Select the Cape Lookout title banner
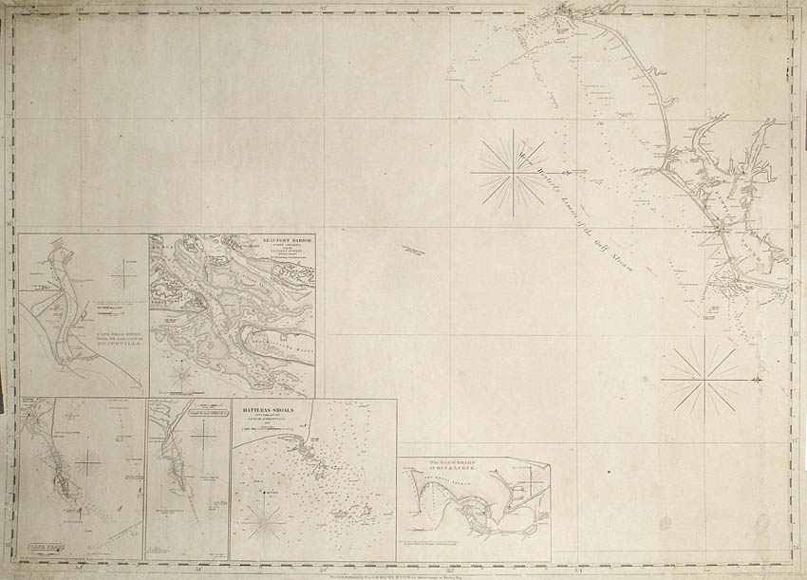click(198, 413)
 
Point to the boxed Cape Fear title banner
click(39, 548)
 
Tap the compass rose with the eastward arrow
click(700, 381)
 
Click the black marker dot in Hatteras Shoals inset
click(260, 493)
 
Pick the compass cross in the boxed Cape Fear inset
click(89, 463)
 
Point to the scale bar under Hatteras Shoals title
click(271, 431)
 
